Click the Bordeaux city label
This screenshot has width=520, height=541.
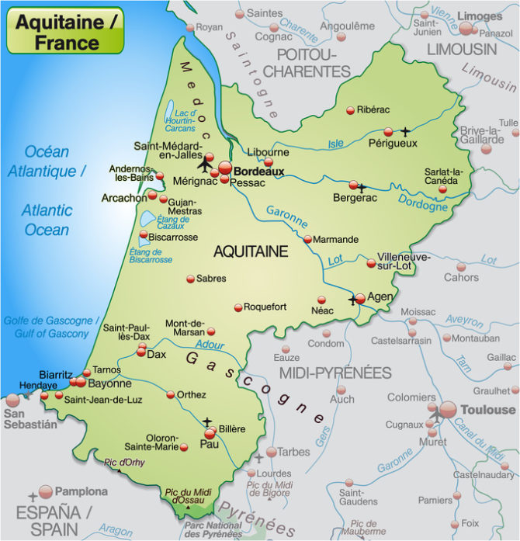259,171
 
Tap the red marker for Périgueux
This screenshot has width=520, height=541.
389,132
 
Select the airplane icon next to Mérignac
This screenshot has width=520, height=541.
206,165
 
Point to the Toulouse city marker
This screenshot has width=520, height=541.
448,409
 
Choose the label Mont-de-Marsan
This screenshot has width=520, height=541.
185,328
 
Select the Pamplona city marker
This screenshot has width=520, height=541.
46,491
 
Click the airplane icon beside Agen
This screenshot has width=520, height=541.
354,300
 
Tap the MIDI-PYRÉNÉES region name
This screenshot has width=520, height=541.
335,373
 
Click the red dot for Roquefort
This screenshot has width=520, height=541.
238,307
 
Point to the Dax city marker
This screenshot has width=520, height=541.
141,352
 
